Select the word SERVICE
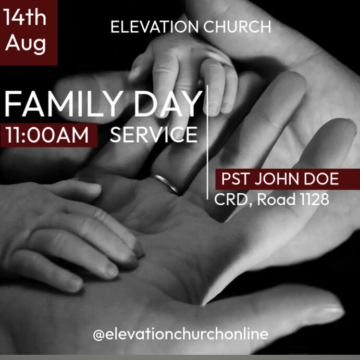[x=154, y=135]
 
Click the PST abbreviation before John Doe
[x=234, y=179]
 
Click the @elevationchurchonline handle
[x=180, y=334]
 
